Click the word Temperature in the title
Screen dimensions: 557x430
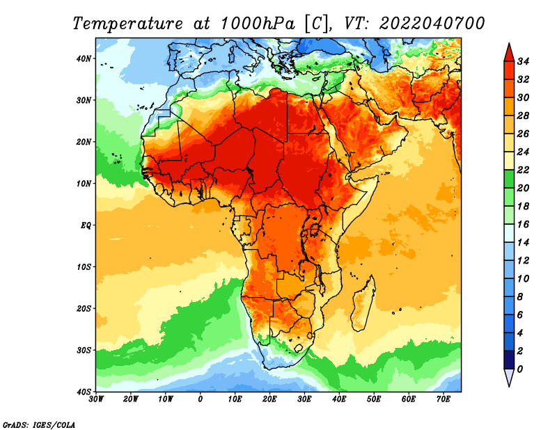click(127, 24)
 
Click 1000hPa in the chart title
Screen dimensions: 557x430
click(258, 24)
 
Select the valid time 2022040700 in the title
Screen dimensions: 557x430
click(432, 24)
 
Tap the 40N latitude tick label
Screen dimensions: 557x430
click(84, 58)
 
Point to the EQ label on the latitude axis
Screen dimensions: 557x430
click(86, 225)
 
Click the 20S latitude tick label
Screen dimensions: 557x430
click(84, 308)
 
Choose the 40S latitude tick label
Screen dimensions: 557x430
click(84, 392)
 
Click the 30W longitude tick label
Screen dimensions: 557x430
click(96, 399)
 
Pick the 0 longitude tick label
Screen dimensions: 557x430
click(201, 399)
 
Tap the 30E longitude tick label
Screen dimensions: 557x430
click(304, 399)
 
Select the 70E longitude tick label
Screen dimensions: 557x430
click(444, 399)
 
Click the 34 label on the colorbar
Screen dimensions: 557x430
click(523, 61)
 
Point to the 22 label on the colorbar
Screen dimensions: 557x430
click(523, 170)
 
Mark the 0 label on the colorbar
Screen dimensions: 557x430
click(520, 369)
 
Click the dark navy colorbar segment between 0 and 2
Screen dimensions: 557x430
click(509, 360)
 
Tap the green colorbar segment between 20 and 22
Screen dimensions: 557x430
click(509, 179)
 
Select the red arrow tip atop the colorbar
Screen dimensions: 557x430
click(509, 43)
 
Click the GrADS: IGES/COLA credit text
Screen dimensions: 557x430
click(39, 424)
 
